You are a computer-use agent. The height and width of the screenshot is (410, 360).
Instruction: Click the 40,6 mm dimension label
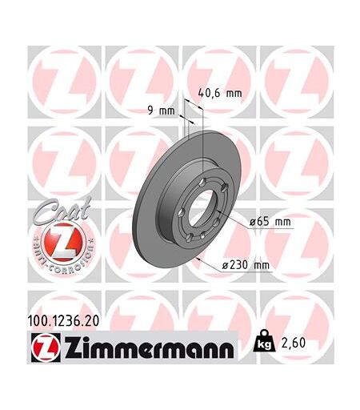[x=220, y=93]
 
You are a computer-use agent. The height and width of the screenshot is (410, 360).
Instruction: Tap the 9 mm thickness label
[x=161, y=111]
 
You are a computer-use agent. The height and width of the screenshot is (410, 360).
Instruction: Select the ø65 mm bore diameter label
[x=270, y=222]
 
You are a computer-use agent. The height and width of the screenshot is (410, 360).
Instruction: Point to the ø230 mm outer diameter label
[x=246, y=265]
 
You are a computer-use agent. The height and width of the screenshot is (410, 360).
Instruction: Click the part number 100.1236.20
[x=63, y=320]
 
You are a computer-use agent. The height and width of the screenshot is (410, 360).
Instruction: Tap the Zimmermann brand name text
[x=149, y=348]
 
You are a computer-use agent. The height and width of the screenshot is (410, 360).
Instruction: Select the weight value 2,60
[x=293, y=343]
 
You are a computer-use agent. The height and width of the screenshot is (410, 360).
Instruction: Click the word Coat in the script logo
[x=62, y=210]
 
